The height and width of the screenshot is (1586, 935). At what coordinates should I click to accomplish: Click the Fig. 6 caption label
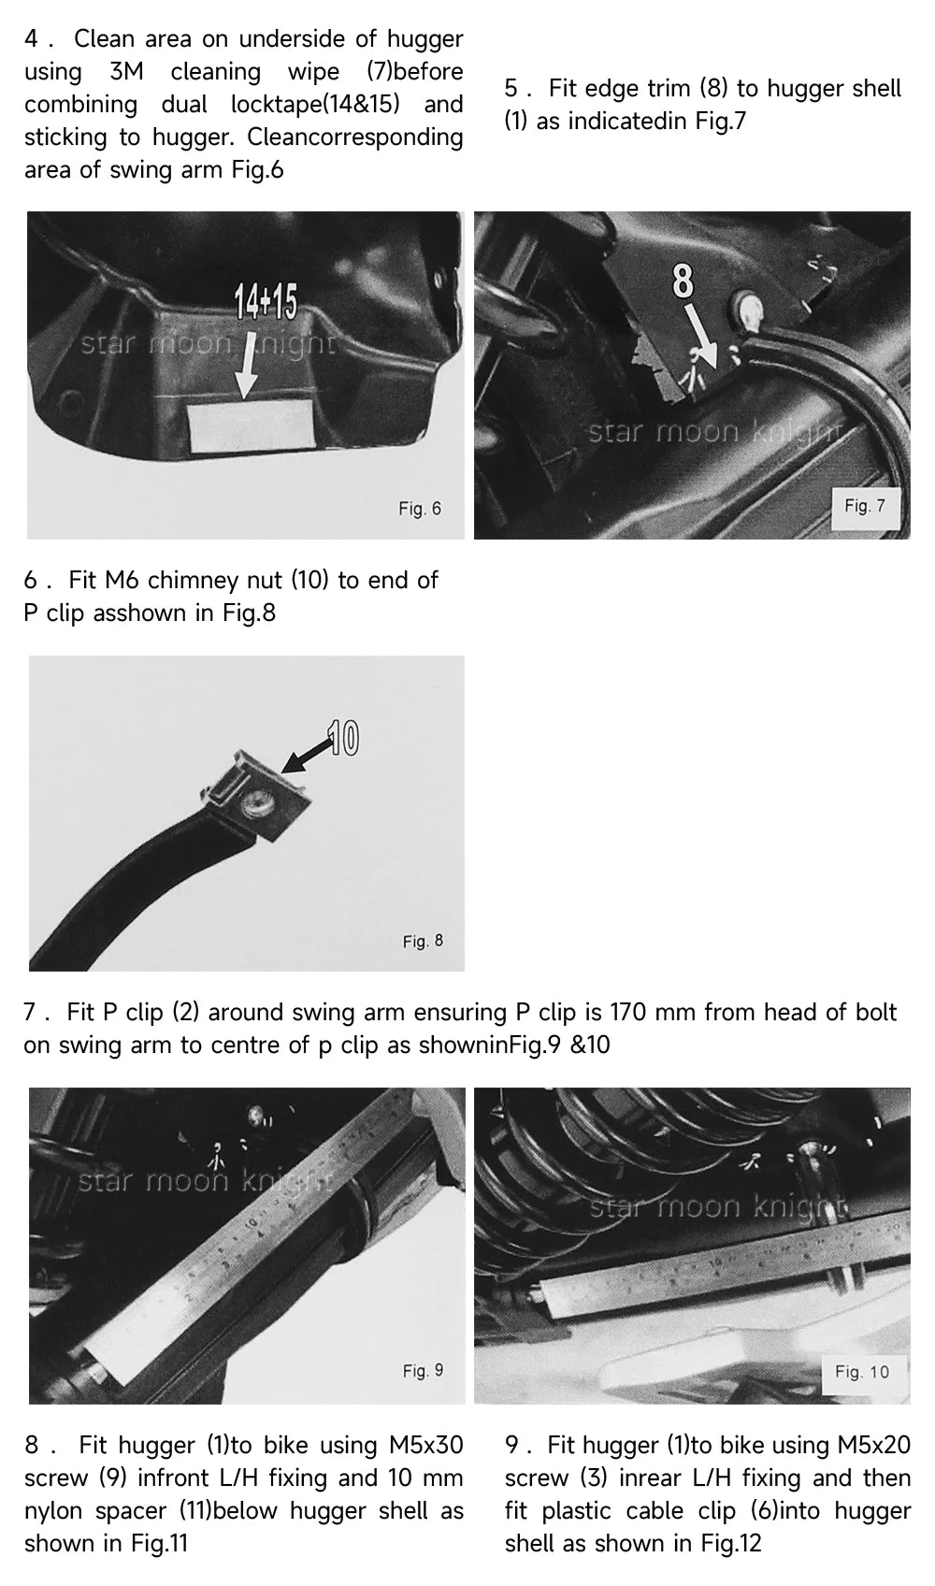click(420, 509)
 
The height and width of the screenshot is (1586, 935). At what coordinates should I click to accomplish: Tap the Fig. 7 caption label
click(864, 506)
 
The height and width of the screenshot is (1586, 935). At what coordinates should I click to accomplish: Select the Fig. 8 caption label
click(423, 941)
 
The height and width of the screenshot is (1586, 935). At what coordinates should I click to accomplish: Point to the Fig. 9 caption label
click(423, 1371)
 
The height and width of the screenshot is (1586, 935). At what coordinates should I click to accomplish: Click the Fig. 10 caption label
click(861, 1372)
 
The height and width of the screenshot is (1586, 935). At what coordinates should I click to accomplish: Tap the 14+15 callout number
click(266, 302)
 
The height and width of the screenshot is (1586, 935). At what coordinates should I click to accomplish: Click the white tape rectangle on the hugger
click(252, 425)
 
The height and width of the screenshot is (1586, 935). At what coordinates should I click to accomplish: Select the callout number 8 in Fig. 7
click(683, 281)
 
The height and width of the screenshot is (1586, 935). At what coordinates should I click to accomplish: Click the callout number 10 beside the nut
click(342, 739)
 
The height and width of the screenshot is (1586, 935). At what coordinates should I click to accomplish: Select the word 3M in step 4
click(126, 71)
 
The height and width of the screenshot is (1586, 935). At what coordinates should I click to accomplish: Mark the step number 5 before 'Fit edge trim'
click(511, 89)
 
